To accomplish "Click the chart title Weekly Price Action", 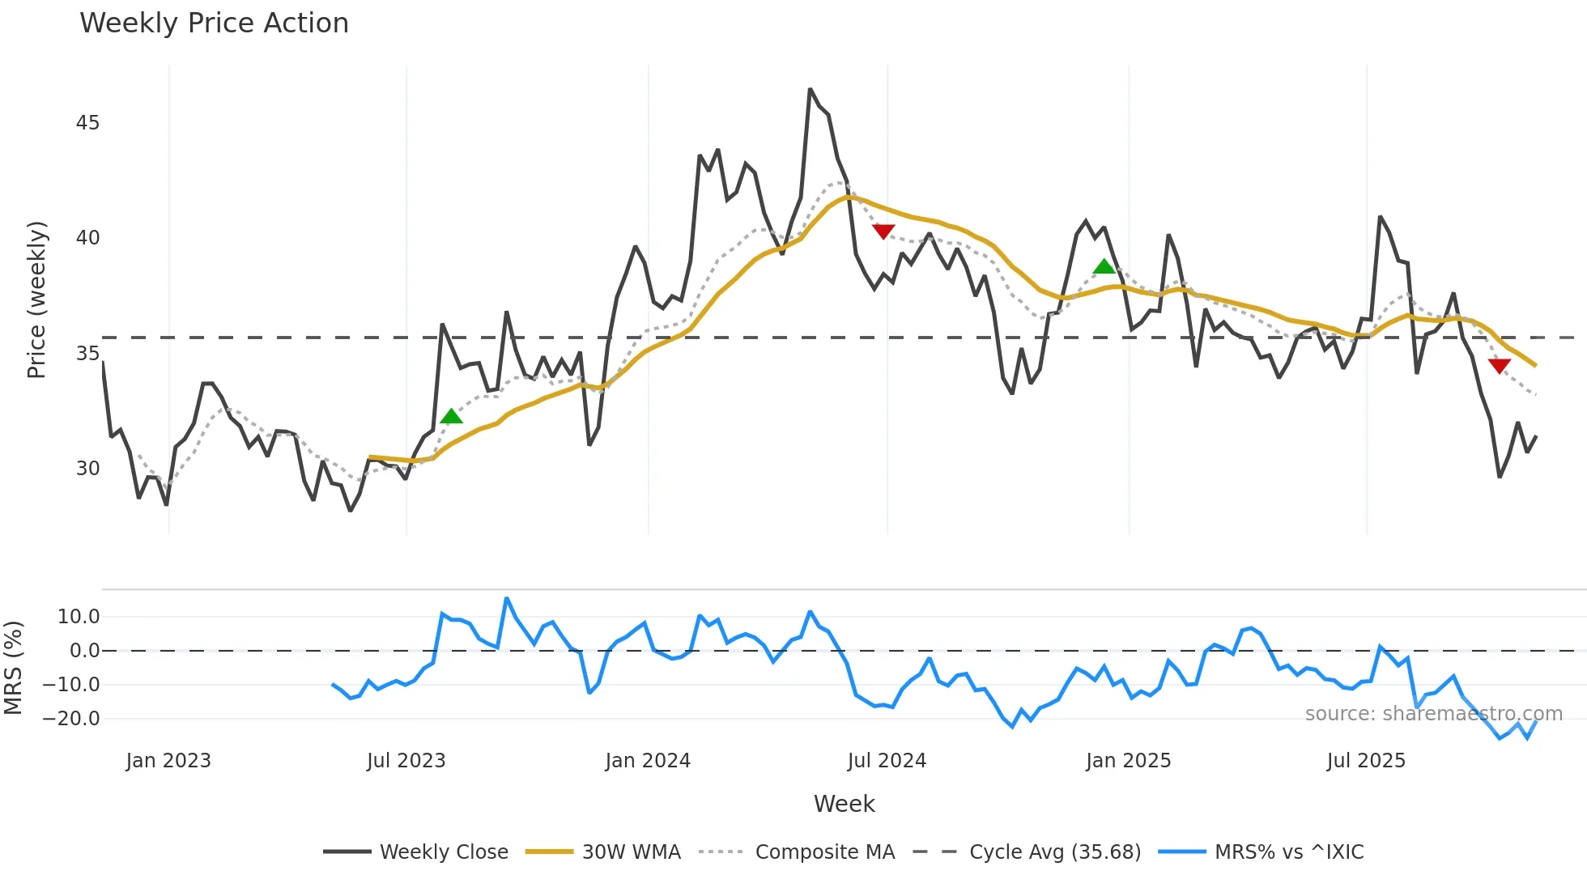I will (x=214, y=23).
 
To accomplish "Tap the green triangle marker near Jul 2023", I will (x=451, y=416).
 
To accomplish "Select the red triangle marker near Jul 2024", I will (x=883, y=231).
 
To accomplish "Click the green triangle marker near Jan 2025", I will (x=1104, y=266).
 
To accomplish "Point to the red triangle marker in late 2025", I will (x=1500, y=366).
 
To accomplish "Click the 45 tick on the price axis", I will (x=87, y=123).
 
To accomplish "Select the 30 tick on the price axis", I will (x=87, y=469).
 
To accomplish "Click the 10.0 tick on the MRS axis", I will (x=79, y=617).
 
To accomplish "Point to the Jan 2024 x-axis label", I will (x=648, y=761).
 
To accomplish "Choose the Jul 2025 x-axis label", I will (x=1366, y=761).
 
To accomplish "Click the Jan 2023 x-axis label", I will (x=168, y=761).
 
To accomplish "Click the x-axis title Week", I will (x=844, y=804).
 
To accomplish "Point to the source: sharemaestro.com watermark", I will (x=1434, y=714).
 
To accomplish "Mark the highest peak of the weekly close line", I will (x=810, y=90).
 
